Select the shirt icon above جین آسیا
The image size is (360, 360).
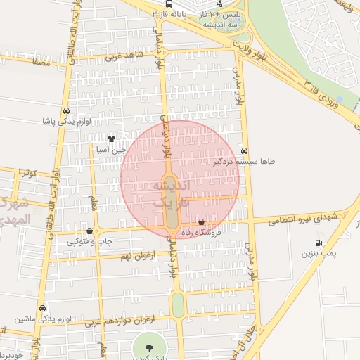pyautogui.click(x=110, y=138)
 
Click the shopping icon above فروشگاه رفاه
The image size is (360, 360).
pyautogui.click(x=202, y=221)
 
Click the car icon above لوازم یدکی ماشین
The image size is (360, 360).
pyautogui.click(x=43, y=308)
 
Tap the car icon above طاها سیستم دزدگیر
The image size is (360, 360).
pyautogui.click(x=244, y=150)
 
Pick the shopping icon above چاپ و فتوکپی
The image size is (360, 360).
pyautogui.click(x=89, y=231)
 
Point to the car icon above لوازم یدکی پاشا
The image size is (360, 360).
pyautogui.click(x=65, y=110)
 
